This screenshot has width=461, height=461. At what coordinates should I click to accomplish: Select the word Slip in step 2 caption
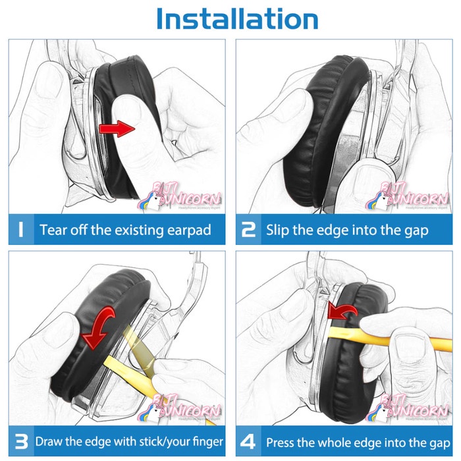pos(277,230)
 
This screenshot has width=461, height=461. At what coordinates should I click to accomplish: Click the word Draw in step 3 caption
pos(49,441)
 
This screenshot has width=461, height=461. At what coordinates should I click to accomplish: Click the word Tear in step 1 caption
pos(51,230)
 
